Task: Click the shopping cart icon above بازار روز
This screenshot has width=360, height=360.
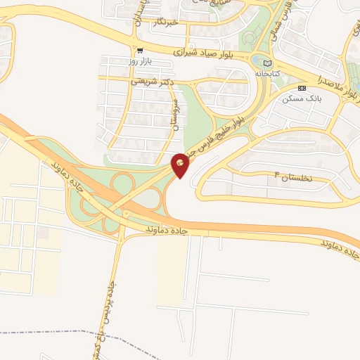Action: tap(141, 51)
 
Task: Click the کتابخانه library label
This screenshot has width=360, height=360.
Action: tap(269, 73)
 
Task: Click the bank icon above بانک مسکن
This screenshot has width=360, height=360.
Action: tap(302, 88)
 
